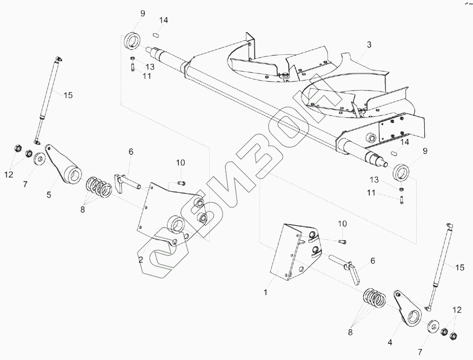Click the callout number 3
[x=369, y=45]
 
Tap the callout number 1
[x=266, y=292]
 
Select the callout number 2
[x=141, y=260]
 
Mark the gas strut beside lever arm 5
[x=47, y=99]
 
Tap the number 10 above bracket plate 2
[x=180, y=163]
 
